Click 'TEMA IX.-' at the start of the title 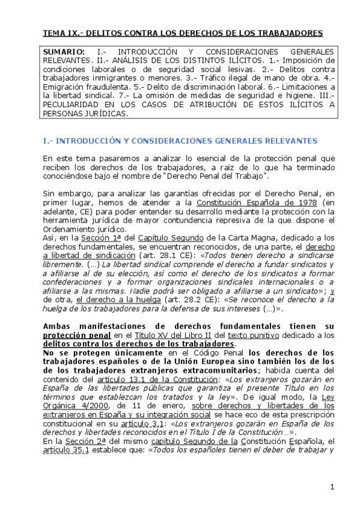(x=63, y=33)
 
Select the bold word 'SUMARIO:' (x=63, y=52)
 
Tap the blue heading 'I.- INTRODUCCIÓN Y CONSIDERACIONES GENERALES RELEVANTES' (x=180, y=141)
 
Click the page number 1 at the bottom (x=332, y=486)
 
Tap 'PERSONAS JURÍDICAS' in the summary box (x=85, y=113)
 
